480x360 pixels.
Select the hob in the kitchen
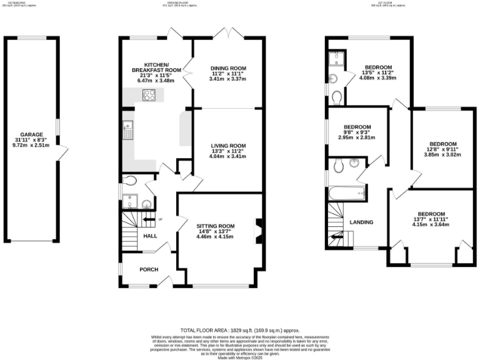(x=151, y=96)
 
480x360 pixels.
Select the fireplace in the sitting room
(x=258, y=229)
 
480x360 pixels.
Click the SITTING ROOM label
(x=215, y=226)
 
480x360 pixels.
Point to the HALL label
(x=150, y=236)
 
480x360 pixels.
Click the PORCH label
(x=149, y=269)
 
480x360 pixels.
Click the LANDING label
(x=361, y=222)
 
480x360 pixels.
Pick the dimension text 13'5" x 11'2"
(x=378, y=74)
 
